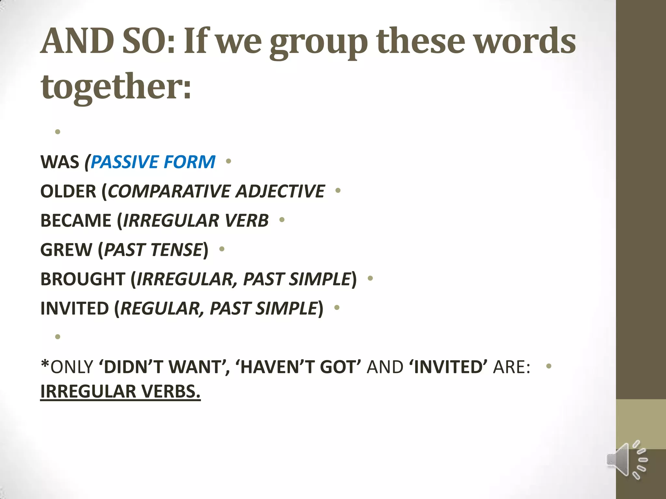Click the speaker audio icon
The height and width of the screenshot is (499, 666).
pyautogui.click(x=626, y=459)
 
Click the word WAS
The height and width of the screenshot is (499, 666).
pyautogui.click(x=60, y=162)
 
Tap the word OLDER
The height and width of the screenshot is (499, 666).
pyautogui.click(x=68, y=191)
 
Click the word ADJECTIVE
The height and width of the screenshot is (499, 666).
pyautogui.click(x=280, y=191)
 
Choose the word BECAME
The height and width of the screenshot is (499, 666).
pyautogui.click(x=76, y=220)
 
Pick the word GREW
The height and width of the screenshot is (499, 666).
pyautogui.click(x=66, y=249)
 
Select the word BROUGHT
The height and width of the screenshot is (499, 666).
pyautogui.click(x=83, y=279)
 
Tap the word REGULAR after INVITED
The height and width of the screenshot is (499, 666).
pyautogui.click(x=161, y=308)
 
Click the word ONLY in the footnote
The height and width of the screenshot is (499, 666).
pyautogui.click(x=72, y=367)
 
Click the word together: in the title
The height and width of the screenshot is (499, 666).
pyautogui.click(x=116, y=86)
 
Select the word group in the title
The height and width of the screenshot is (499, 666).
pyautogui.click(x=319, y=42)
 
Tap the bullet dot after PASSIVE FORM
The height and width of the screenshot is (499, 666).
pyautogui.click(x=228, y=161)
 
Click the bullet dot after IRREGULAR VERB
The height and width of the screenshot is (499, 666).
pyautogui.click(x=282, y=220)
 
